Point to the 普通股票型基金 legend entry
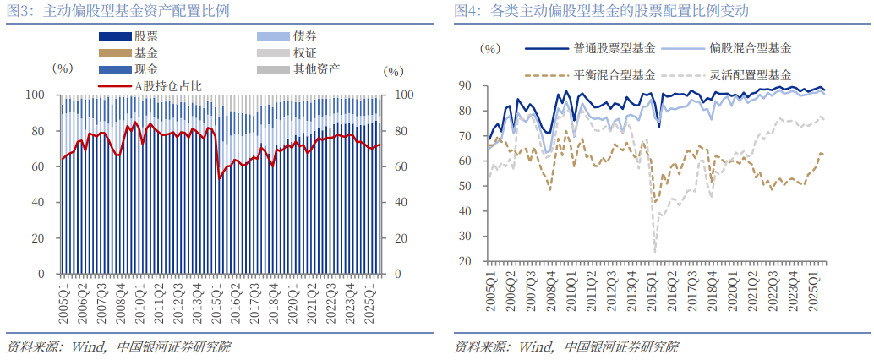point(614,50)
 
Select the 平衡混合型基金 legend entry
point(614,74)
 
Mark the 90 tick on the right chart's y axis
point(464,85)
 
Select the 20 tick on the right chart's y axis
point(464,261)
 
